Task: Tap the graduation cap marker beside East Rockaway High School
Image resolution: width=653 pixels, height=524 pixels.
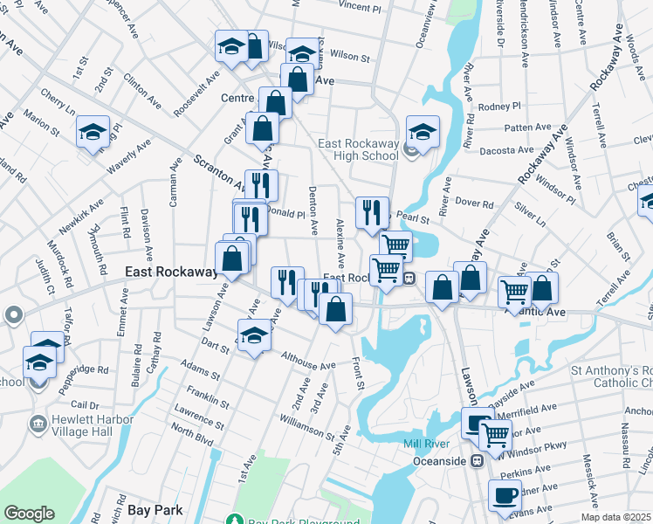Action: pyautogui.click(x=423, y=133)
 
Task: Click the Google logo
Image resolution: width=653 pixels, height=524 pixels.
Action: pyautogui.click(x=29, y=514)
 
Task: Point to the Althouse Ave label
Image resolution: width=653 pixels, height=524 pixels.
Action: pyautogui.click(x=308, y=360)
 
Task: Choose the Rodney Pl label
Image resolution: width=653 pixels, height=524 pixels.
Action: pyautogui.click(x=499, y=107)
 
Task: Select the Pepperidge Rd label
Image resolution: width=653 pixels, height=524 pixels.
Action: pyautogui.click(x=84, y=369)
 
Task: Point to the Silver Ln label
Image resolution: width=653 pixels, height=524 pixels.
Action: pyautogui.click(x=530, y=210)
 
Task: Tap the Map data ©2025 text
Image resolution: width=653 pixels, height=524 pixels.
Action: pyautogui.click(x=617, y=517)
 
